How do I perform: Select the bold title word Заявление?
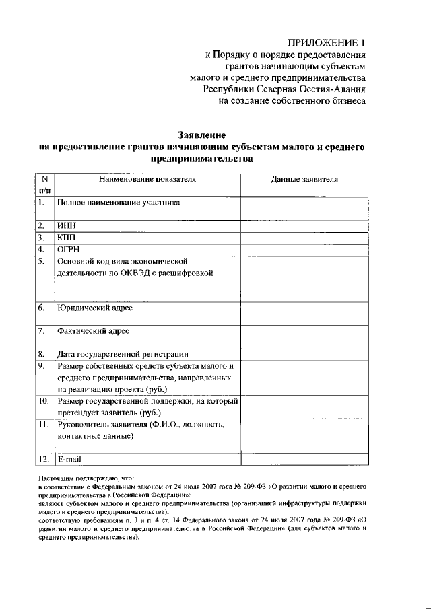[201, 135]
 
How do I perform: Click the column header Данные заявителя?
[304, 180]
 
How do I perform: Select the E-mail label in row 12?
[69, 459]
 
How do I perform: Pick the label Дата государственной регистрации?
[123, 355]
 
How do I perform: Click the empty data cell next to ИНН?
[304, 225]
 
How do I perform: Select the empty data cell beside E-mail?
[304, 459]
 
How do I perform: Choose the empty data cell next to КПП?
[304, 238]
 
